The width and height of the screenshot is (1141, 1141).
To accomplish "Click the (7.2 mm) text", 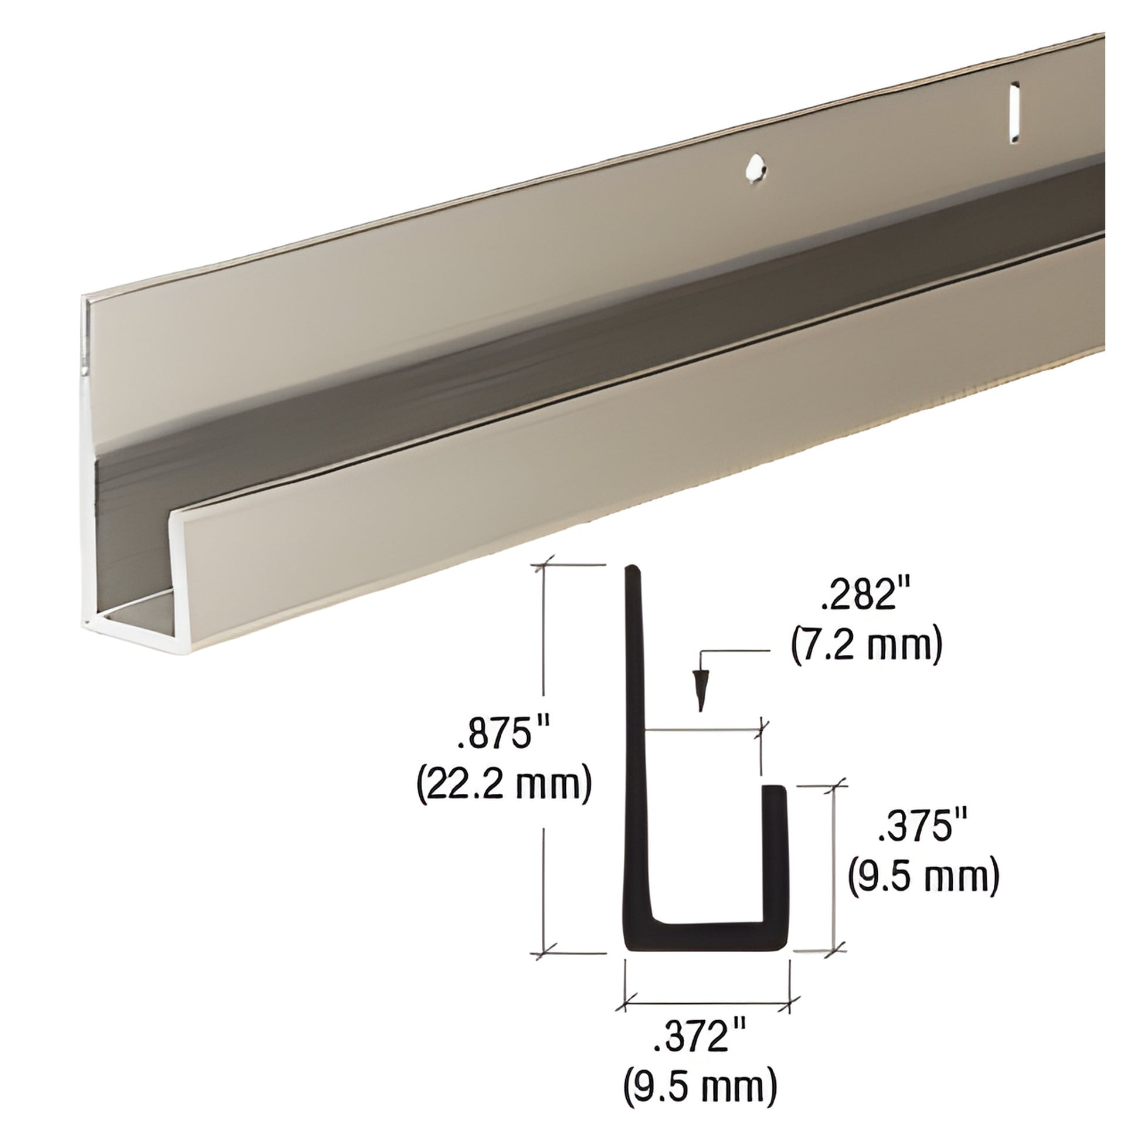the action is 866,647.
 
